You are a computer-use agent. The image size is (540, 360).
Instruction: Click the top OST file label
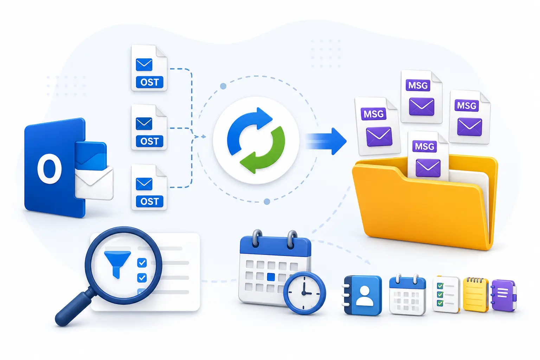click(149, 82)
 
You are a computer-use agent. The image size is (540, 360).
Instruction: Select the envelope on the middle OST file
click(144, 124)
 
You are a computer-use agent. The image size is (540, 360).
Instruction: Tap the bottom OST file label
click(149, 201)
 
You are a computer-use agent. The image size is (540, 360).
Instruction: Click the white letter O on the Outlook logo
click(50, 168)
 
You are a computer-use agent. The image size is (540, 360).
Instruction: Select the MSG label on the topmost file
click(418, 85)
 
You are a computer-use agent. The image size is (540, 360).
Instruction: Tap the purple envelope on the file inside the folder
click(428, 168)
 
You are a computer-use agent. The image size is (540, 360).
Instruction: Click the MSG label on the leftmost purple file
click(373, 114)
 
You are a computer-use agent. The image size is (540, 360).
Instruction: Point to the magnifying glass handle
click(73, 307)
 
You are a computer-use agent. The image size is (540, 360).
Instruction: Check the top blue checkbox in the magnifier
click(142, 263)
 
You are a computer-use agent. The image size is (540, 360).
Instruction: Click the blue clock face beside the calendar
click(304, 293)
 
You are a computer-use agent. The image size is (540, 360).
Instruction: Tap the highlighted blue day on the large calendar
click(271, 277)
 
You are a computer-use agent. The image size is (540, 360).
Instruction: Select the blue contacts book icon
click(363, 296)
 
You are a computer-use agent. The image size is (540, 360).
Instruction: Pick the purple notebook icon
click(504, 295)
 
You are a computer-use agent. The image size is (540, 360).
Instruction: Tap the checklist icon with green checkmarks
click(446, 294)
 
